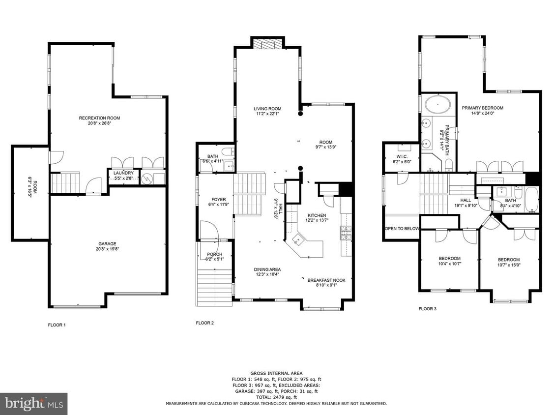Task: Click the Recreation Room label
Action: (x=99, y=118)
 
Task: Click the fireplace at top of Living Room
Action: (x=268, y=45)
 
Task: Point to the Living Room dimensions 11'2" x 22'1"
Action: (x=267, y=114)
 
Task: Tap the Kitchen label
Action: (x=317, y=215)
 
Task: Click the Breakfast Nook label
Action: (x=326, y=280)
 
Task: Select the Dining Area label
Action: (x=267, y=269)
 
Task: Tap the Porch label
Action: (x=215, y=254)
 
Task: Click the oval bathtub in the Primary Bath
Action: (x=437, y=105)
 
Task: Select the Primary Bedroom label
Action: (x=482, y=108)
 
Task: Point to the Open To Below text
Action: (x=402, y=229)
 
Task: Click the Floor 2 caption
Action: (x=204, y=323)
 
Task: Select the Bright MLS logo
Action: (x=33, y=404)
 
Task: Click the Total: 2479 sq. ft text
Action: (x=276, y=397)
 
